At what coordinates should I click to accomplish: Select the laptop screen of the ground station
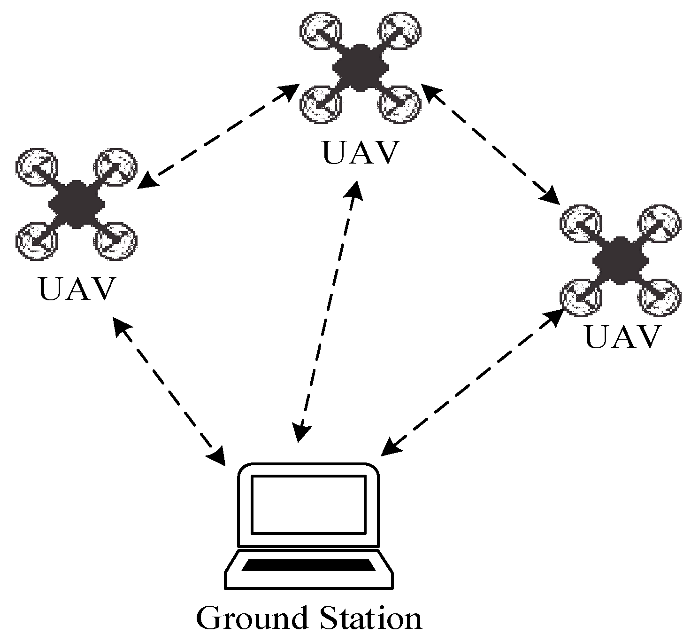308,504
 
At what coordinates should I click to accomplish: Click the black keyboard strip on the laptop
309,565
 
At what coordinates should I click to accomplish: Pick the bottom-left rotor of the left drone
37,242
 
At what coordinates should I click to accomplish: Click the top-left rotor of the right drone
581,223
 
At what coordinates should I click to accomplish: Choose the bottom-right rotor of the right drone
660,298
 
